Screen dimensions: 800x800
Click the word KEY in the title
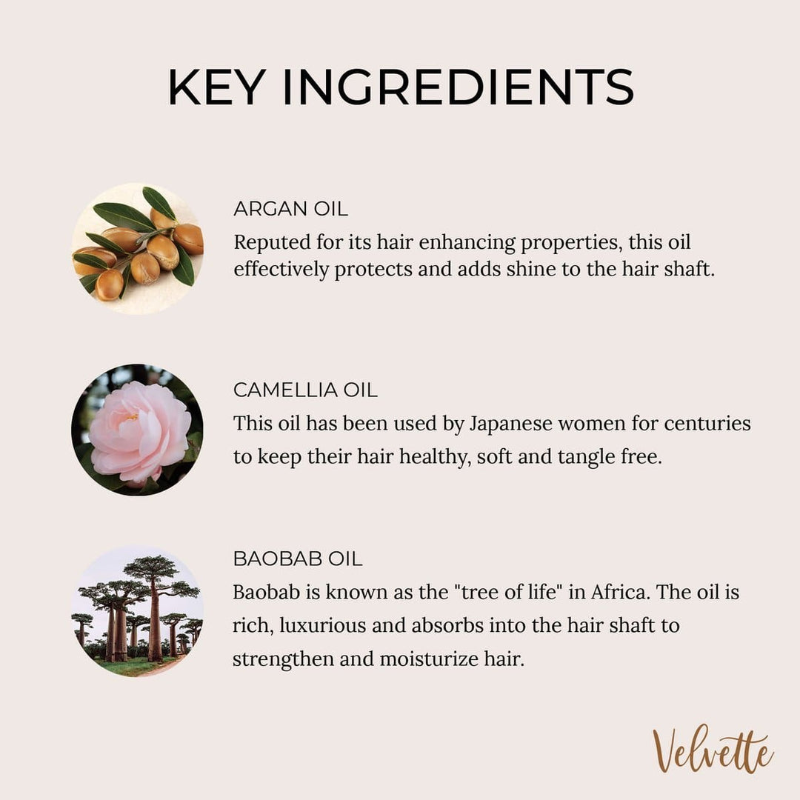(x=217, y=87)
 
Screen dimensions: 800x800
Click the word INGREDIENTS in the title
(x=459, y=87)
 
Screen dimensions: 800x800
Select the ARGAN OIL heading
(x=291, y=209)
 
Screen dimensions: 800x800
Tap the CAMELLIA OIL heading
(x=305, y=390)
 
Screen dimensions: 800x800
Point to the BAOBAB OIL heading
(x=298, y=559)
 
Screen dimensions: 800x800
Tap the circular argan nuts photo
(x=137, y=249)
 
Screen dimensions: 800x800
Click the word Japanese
(x=510, y=424)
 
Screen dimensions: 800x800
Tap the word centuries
(x=707, y=424)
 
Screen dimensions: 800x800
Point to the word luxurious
(x=322, y=625)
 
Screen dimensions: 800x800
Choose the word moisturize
(x=429, y=659)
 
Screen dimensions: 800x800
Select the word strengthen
(x=283, y=660)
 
